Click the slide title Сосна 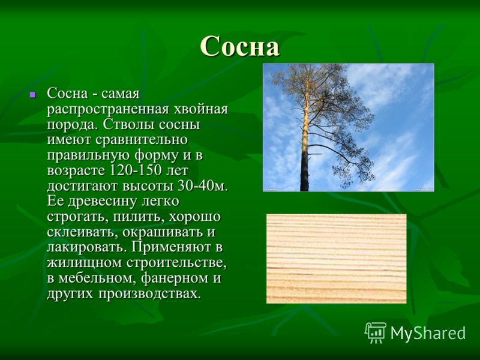coord(239,46)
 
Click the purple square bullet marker coord(32,95)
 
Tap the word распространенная coord(108,110)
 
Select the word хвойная coord(201,109)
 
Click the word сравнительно coord(141,140)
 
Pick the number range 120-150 coord(135,170)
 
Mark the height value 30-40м coord(203,186)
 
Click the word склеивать coord(82,232)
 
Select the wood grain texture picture coord(337,259)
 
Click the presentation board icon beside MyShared coord(376,332)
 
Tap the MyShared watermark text coord(428,332)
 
